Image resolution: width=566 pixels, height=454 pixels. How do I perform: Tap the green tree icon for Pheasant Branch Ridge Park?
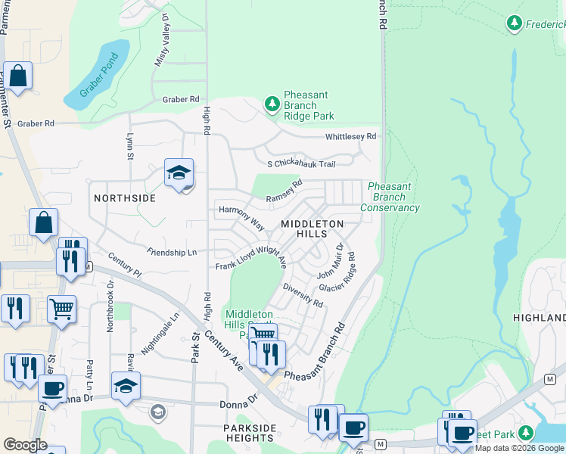pos(272,104)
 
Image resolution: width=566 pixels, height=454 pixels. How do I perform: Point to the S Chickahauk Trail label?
pos(300,164)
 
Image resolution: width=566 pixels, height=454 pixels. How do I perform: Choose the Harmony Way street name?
pos(241,217)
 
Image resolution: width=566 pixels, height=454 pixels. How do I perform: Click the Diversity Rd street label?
pos(303,296)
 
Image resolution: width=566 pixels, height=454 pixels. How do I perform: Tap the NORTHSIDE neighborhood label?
pos(124,198)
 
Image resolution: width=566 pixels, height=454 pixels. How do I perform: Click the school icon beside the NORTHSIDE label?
pos(179,174)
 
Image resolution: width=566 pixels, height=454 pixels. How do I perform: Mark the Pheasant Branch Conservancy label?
pos(390,197)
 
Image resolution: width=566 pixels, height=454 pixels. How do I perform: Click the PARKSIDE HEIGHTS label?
pos(250,433)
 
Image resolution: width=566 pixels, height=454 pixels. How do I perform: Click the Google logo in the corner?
pos(25,445)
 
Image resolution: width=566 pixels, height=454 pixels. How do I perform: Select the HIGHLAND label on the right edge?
pos(539,318)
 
